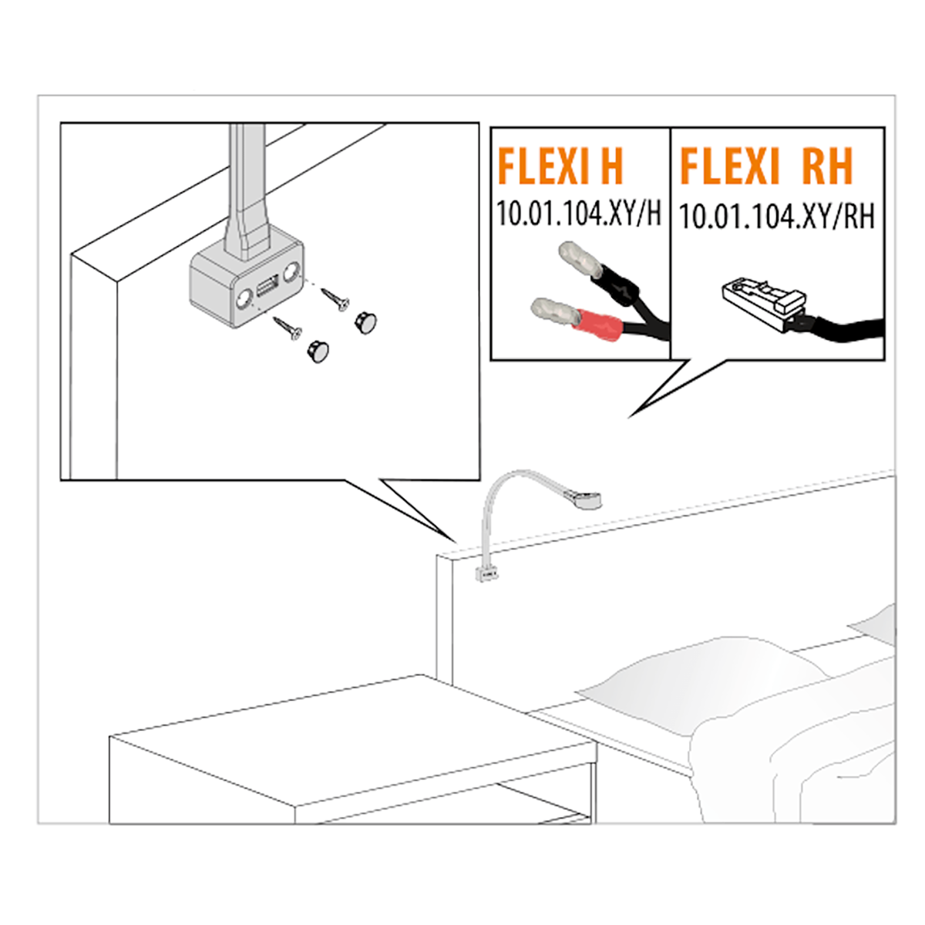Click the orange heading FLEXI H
coord(560,166)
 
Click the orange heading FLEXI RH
coord(766,166)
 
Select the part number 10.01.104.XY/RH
coord(776,217)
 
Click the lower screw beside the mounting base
coord(288,328)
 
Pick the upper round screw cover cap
coord(366,322)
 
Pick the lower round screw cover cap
coord(318,351)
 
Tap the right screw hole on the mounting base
coord(290,273)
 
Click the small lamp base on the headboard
coord(487,573)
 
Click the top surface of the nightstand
coord(353,739)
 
